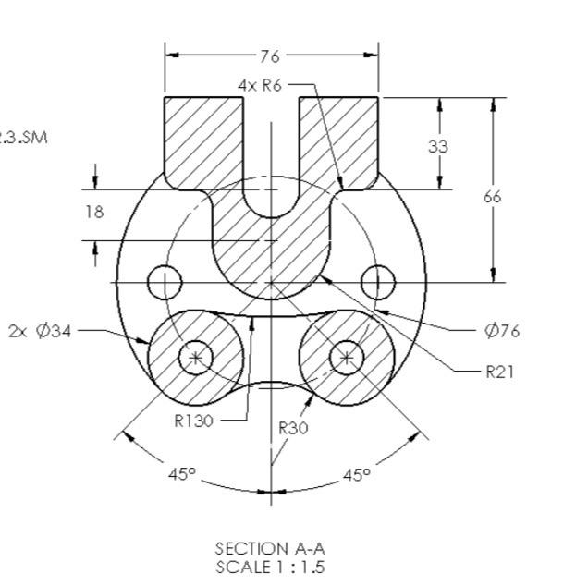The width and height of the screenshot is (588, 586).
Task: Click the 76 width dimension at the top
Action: point(270,56)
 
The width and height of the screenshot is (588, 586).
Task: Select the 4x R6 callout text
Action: point(259,85)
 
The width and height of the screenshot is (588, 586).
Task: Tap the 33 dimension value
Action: point(438,145)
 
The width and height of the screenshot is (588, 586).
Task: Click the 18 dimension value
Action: point(94,212)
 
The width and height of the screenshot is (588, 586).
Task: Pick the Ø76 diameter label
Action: point(502,330)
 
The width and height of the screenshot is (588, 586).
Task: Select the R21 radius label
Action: point(499,372)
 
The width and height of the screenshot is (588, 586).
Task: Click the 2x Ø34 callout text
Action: point(40,330)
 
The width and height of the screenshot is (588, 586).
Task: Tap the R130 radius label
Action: point(194,421)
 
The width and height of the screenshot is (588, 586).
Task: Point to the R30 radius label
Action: point(293,428)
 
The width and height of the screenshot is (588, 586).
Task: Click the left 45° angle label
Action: point(182,474)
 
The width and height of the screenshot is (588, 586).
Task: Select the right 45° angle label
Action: point(356,474)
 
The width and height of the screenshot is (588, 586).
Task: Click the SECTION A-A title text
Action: point(270,549)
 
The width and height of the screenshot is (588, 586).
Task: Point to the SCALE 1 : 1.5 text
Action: point(270,567)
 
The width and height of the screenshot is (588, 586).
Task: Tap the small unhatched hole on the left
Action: point(165,281)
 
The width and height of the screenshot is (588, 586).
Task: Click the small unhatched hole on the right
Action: point(377,281)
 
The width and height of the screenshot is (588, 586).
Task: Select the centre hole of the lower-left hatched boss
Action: point(195,357)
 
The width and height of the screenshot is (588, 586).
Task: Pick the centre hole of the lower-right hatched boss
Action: point(347,357)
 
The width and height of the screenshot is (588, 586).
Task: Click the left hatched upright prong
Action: point(203,139)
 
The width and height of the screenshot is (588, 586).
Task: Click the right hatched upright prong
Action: point(338,139)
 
